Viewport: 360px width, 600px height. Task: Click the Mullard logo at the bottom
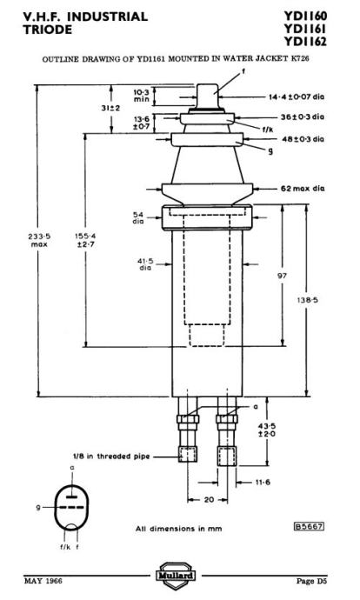(177, 575)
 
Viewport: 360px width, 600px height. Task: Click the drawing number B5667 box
(309, 526)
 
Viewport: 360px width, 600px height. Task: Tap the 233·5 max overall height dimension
(39, 240)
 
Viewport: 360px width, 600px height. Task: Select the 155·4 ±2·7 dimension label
(85, 240)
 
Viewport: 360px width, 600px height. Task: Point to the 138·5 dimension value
(308, 300)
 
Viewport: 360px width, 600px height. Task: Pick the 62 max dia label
(303, 189)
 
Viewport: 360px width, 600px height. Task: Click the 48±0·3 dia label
(303, 139)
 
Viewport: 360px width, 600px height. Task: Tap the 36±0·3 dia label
(303, 117)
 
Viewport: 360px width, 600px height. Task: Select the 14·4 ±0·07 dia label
(297, 97)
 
